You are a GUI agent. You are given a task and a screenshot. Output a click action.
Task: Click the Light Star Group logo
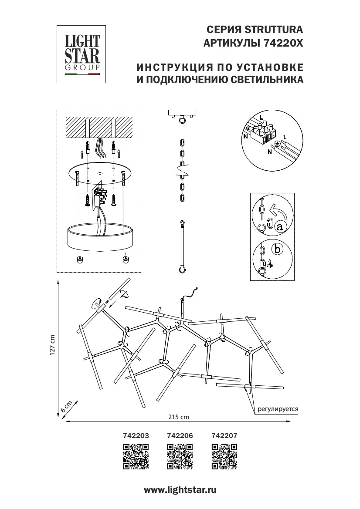[82, 54]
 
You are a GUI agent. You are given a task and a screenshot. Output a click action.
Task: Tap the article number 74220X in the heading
[283, 44]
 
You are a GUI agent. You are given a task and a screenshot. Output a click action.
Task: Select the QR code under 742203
[136, 456]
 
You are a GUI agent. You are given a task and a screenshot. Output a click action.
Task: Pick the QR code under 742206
[180, 456]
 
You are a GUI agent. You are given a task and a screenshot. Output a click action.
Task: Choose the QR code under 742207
[224, 456]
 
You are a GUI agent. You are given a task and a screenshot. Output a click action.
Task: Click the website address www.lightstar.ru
[180, 490]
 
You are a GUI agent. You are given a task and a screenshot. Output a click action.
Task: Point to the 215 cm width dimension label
[179, 417]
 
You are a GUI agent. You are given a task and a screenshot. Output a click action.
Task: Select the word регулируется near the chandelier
[278, 409]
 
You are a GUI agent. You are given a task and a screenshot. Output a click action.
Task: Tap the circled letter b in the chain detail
[276, 249]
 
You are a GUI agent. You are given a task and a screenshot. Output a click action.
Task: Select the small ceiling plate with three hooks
[183, 115]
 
